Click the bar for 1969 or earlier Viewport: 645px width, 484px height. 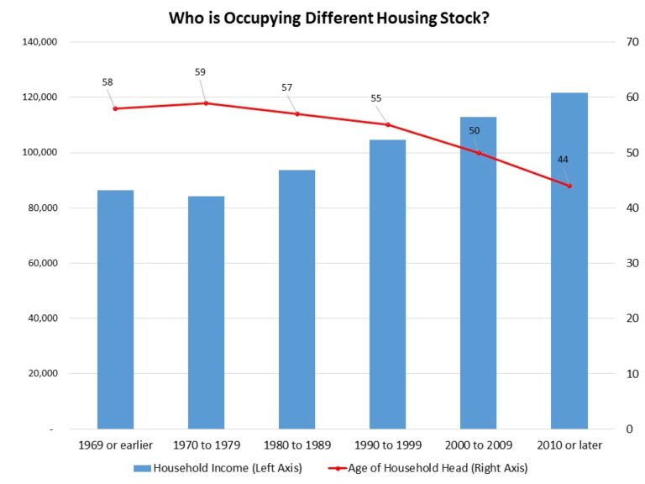(x=116, y=309)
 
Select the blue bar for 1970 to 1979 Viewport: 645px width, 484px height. (x=206, y=313)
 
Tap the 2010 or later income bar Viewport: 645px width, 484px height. (x=569, y=261)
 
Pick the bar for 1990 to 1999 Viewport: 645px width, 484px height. (x=387, y=284)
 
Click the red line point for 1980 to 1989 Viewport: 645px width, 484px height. (x=297, y=114)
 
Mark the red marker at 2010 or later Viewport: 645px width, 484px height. (x=569, y=186)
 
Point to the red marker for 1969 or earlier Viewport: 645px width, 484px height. (x=115, y=108)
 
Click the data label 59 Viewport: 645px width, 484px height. (x=200, y=72)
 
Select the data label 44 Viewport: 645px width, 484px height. (x=563, y=160)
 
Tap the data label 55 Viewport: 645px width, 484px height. (x=376, y=98)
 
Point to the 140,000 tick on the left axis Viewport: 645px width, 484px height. (x=39, y=42)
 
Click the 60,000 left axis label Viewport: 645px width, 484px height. (x=43, y=263)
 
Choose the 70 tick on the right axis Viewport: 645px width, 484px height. (x=632, y=42)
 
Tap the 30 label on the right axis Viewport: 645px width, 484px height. (x=632, y=263)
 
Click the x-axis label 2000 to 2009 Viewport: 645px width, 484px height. (x=479, y=445)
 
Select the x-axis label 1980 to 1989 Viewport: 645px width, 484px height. (x=297, y=445)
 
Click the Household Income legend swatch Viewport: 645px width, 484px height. (x=142, y=468)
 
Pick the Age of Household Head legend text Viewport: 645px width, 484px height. (x=438, y=468)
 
